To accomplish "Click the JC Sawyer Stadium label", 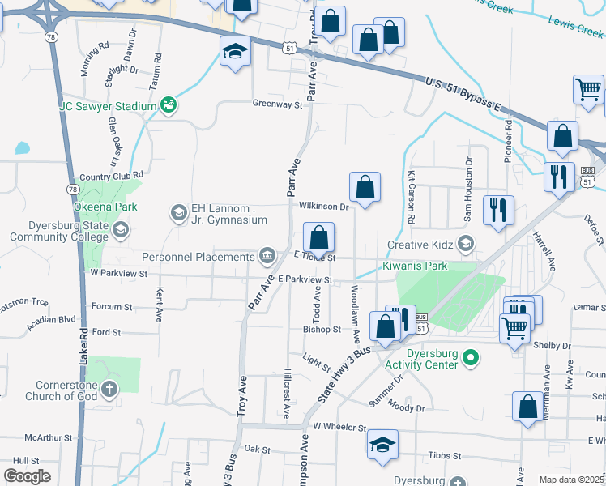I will pos(107,106).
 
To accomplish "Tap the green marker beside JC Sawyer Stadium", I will pos(169,105).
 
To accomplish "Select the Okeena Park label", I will pos(103,207).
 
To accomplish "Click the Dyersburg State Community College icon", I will pos(120,231).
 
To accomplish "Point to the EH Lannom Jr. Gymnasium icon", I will pos(178,213).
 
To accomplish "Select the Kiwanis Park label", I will pos(416,266).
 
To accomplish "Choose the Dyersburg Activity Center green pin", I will pos(475,356).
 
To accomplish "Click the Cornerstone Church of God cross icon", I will pos(109,390).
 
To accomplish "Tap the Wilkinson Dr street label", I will pos(323,207).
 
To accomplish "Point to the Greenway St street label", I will pos(277,104).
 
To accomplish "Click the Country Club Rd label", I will pos(111,175).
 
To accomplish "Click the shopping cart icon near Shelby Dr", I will pos(514,329).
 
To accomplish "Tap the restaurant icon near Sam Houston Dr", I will pos(497,210).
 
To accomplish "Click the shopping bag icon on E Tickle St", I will pos(319,238).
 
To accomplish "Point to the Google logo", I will pos(27,475).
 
